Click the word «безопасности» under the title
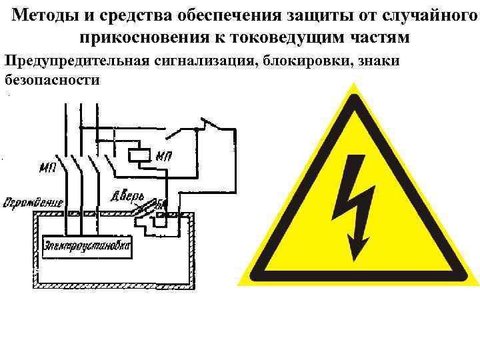coord(51,81)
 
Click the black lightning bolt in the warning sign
coord(357,200)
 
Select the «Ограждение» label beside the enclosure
coord(33,201)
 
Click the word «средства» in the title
coord(125,14)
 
